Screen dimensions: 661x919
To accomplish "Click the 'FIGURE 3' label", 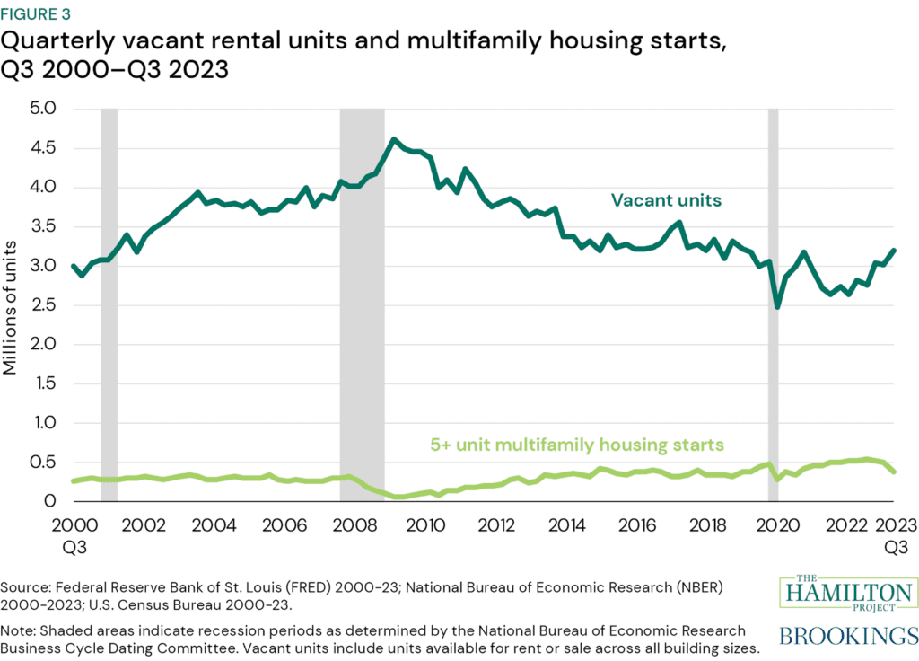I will [x=39, y=15].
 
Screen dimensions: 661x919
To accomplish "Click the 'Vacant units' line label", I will [x=666, y=199].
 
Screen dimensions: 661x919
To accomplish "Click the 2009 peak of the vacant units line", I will [x=393, y=139].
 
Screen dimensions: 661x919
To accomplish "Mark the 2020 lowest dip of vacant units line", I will [x=777, y=306].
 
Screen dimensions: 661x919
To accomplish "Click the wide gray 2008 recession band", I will [x=362, y=305].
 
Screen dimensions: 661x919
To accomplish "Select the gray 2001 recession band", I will [x=109, y=305].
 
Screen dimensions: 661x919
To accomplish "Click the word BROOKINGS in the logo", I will [x=846, y=637].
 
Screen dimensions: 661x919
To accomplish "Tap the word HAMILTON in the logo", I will [x=846, y=594].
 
